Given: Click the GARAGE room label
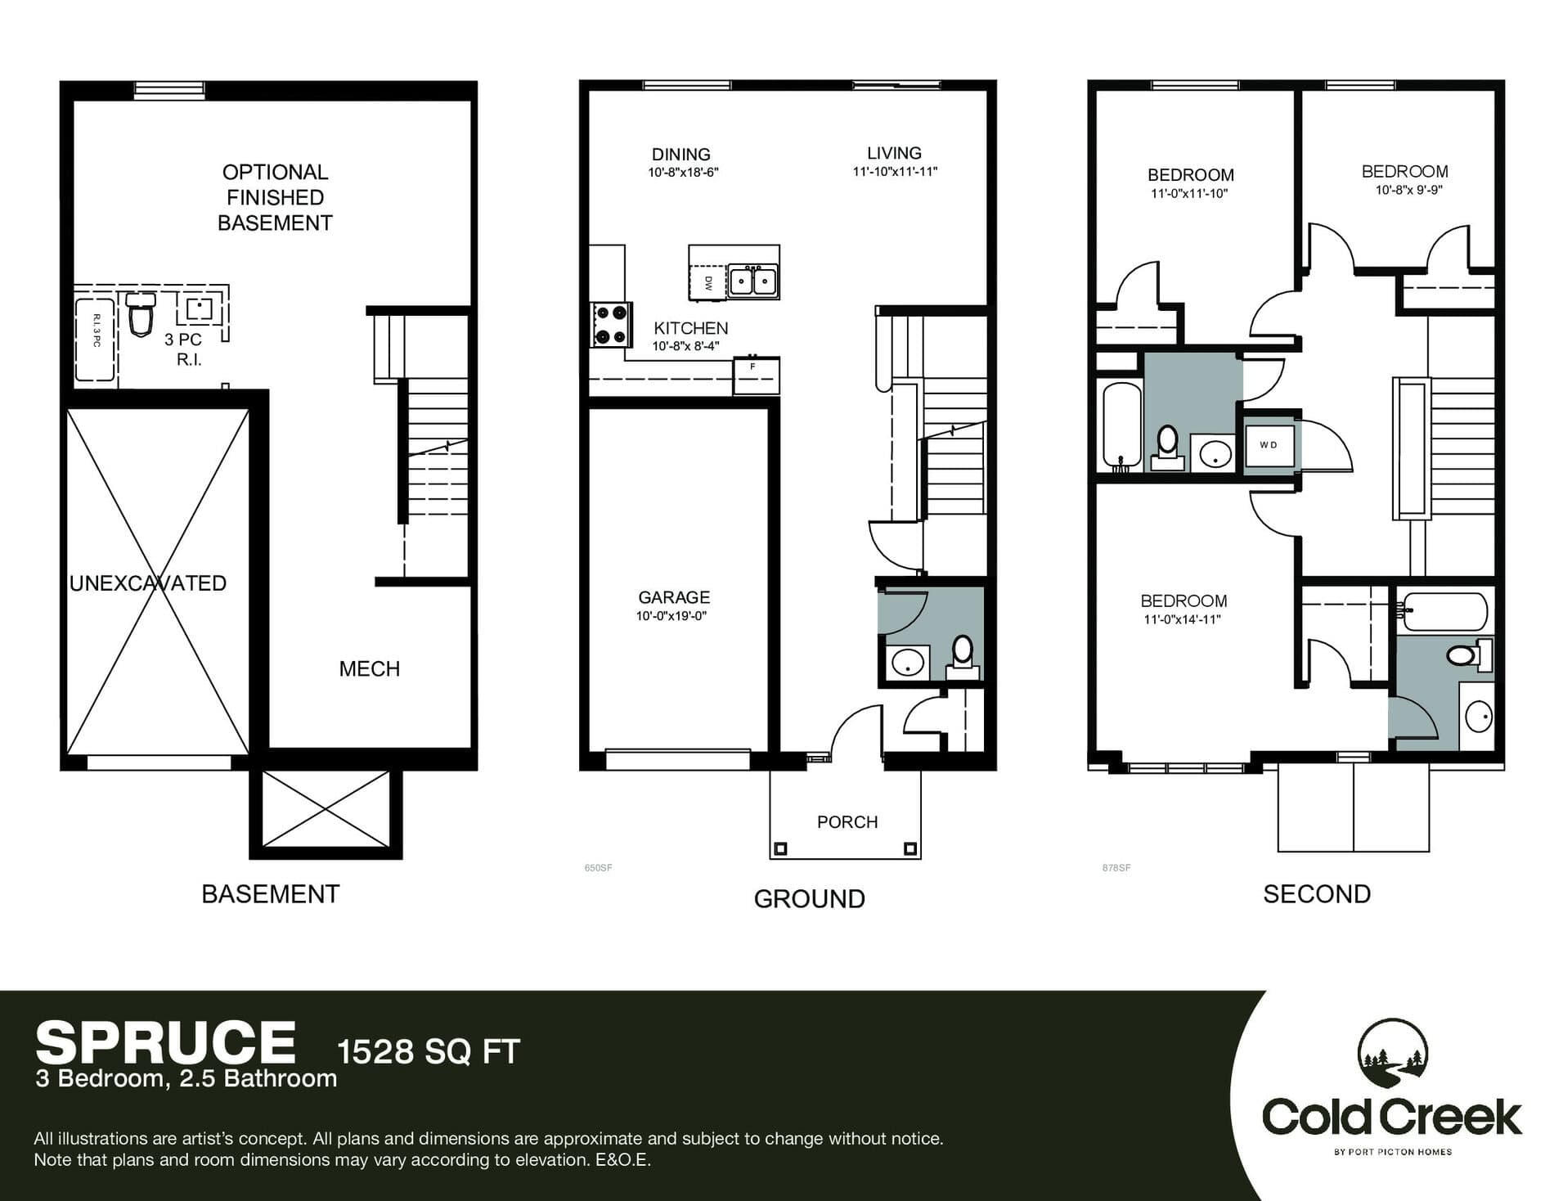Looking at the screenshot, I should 674,597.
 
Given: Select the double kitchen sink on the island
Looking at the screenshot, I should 753,281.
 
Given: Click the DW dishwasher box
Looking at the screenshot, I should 708,282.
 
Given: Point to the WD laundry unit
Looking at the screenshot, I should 1269,445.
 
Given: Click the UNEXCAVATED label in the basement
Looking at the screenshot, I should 148,583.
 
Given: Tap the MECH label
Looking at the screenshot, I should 370,669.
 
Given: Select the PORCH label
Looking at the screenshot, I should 847,822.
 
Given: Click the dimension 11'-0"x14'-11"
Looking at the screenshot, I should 1183,619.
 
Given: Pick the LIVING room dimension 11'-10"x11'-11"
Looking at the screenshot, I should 895,172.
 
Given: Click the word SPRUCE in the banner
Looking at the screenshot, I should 165,1043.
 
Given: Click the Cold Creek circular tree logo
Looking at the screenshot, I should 1393,1055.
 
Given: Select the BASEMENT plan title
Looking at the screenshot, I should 271,894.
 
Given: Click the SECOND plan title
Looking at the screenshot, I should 1317,894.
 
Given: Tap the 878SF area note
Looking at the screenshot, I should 1116,868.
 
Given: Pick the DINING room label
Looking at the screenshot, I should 681,154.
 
